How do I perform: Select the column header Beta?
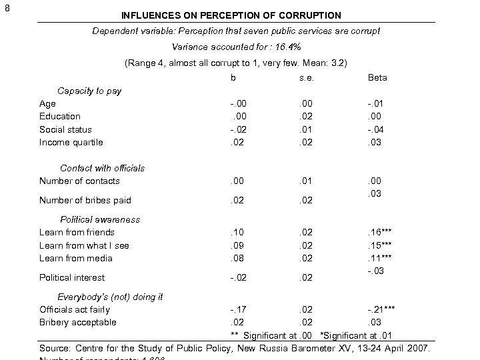(x=377, y=78)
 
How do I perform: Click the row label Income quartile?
(x=71, y=142)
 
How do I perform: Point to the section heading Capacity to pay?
(x=89, y=91)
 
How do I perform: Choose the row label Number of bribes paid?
(x=85, y=200)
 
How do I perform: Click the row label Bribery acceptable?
(x=77, y=322)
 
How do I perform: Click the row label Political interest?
(x=72, y=277)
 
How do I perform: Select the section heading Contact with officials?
(x=102, y=168)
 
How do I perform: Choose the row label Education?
(x=59, y=116)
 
